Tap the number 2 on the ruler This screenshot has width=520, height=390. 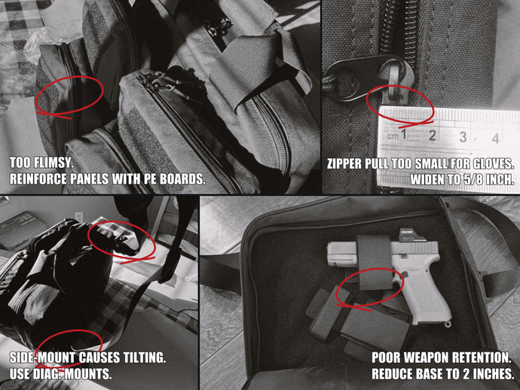click(432, 136)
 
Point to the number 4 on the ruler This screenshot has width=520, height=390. click(495, 138)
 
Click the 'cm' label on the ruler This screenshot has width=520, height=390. click(393, 136)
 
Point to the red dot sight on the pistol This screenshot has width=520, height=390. click(410, 235)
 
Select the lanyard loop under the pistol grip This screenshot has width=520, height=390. click(448, 324)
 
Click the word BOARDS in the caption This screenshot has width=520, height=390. click(181, 179)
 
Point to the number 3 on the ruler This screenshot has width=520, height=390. click(463, 136)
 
